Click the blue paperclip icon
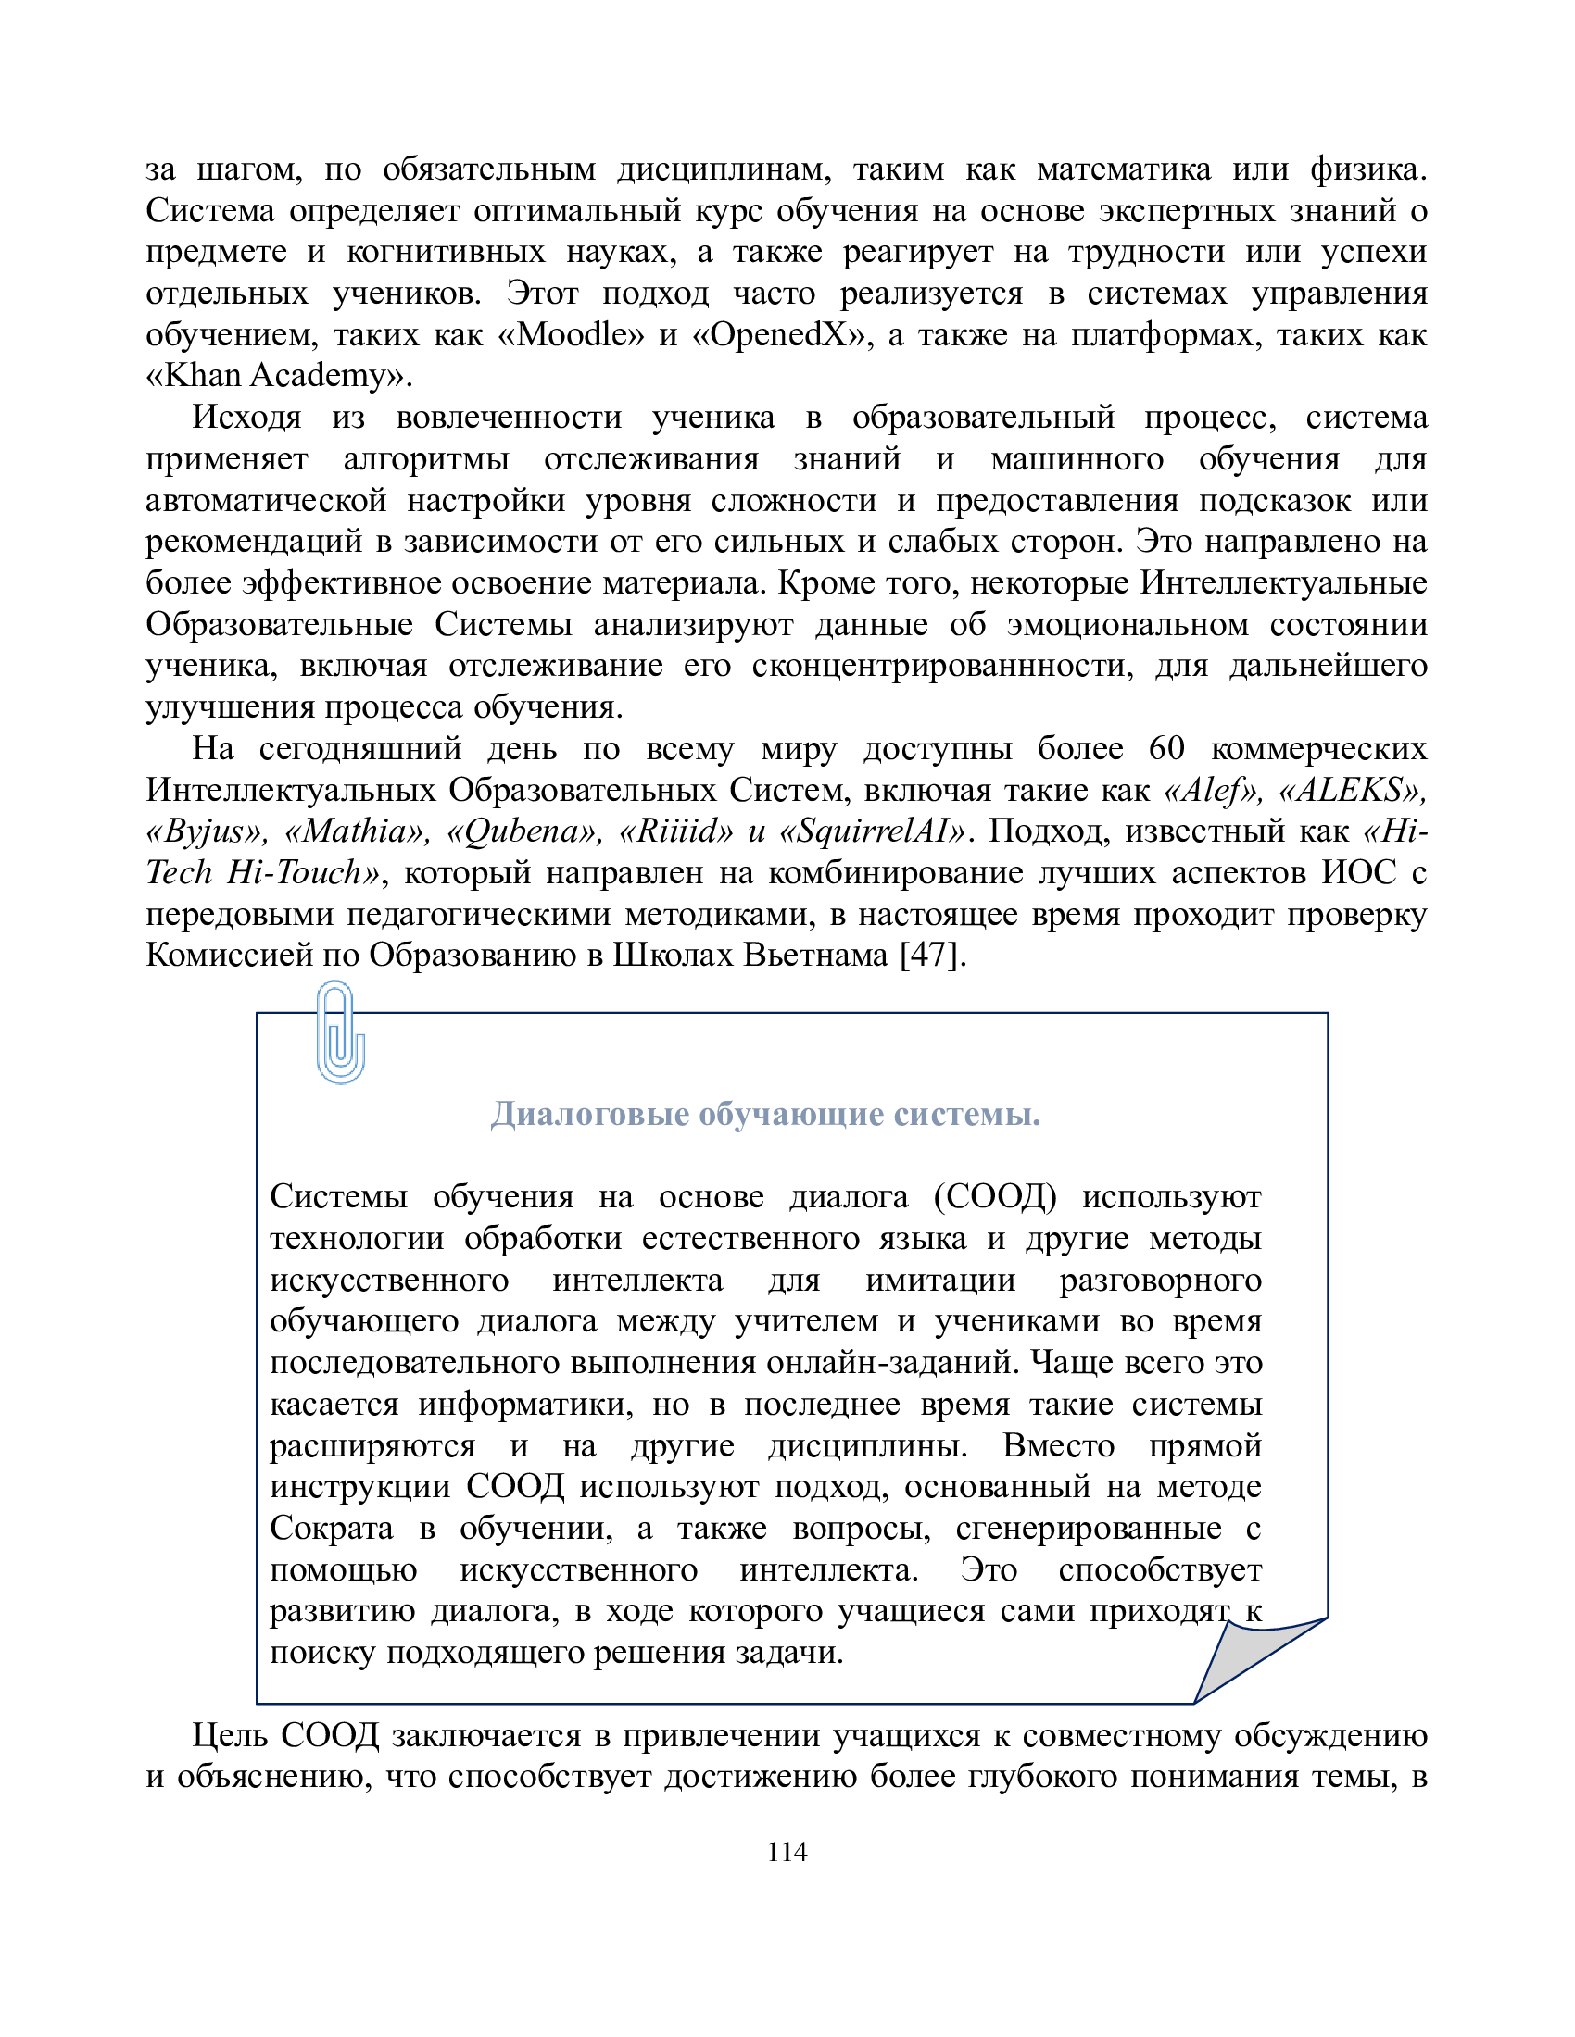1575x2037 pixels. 340,1031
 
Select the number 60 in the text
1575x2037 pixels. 1165,748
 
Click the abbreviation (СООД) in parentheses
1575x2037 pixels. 995,1196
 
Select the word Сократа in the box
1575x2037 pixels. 332,1529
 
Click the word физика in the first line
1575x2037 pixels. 1367,169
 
